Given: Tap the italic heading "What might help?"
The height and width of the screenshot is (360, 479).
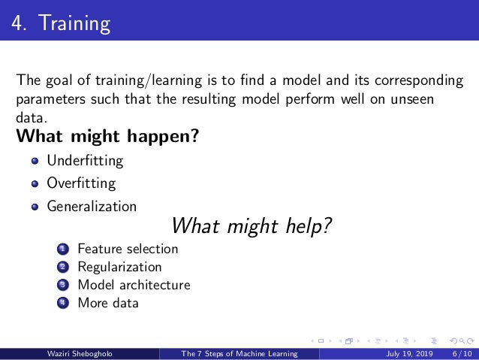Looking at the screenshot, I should pyautogui.click(x=252, y=225).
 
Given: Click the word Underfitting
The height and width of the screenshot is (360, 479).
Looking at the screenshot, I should pyautogui.click(x=85, y=161).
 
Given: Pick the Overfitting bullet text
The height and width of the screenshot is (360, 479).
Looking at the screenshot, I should pyautogui.click(x=81, y=183).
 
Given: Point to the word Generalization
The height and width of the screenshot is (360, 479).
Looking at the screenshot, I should pyautogui.click(x=92, y=206).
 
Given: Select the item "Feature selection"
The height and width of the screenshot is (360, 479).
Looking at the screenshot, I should pyautogui.click(x=128, y=249).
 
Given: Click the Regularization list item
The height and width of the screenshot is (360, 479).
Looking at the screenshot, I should pyautogui.click(x=119, y=267).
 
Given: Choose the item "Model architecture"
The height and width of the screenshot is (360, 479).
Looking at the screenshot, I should pyautogui.click(x=134, y=285).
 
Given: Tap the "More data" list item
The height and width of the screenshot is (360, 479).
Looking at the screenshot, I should pyautogui.click(x=108, y=303).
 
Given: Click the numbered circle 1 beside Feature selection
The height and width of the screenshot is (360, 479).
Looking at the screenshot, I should pyautogui.click(x=62, y=250).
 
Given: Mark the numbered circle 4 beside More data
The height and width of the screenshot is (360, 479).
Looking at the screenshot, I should pyautogui.click(x=62, y=304).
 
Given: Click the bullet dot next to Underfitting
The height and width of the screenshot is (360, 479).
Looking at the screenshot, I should pyautogui.click(x=35, y=162).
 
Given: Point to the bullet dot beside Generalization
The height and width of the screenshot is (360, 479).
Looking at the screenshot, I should pyautogui.click(x=35, y=207).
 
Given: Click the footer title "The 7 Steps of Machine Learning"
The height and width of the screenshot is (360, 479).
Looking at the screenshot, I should pyautogui.click(x=239, y=353).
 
